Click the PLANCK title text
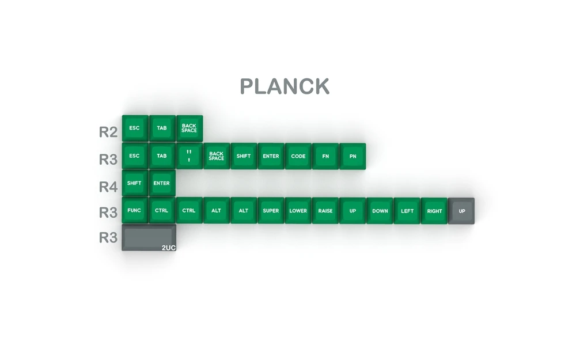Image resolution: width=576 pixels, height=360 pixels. pyautogui.click(x=285, y=86)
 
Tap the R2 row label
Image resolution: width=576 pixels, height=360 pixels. pyautogui.click(x=108, y=132)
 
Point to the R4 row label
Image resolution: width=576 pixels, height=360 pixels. pyautogui.click(x=108, y=187)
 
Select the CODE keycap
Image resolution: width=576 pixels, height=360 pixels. pyautogui.click(x=298, y=156)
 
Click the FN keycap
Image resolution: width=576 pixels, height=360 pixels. pyautogui.click(x=325, y=156)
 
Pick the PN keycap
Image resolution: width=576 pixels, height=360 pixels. pyautogui.click(x=353, y=156)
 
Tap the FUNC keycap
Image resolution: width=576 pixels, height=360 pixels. pyautogui.click(x=134, y=211)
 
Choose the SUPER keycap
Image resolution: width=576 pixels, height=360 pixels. pyautogui.click(x=271, y=211)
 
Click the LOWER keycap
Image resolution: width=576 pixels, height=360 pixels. pyautogui.click(x=298, y=211)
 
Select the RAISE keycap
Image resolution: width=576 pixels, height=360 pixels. pyautogui.click(x=325, y=211)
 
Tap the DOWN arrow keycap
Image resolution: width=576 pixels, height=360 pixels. pyautogui.click(x=380, y=211)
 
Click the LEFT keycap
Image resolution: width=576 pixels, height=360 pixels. pyautogui.click(x=407, y=211)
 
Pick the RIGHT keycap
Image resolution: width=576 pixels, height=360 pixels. pyautogui.click(x=434, y=211)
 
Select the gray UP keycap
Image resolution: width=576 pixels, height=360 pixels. pyautogui.click(x=461, y=211)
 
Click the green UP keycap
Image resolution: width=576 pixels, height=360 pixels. pyautogui.click(x=353, y=211)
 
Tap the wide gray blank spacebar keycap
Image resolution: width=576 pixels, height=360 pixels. pyautogui.click(x=149, y=237)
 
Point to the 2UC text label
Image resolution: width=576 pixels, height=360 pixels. pyautogui.click(x=168, y=248)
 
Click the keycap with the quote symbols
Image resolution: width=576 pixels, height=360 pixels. pyautogui.click(x=189, y=156)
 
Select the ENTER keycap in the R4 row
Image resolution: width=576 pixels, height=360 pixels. pyautogui.click(x=162, y=183)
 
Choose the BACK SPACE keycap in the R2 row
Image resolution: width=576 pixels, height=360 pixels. pyautogui.click(x=189, y=128)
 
